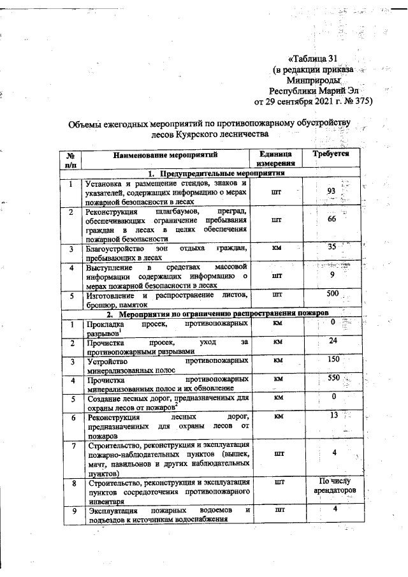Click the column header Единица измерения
pyautogui.click(x=277, y=159)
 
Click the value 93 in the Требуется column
pyautogui.click(x=331, y=191)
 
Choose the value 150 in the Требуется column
pyautogui.click(x=331, y=360)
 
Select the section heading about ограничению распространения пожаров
pyautogui.click(x=217, y=314)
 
